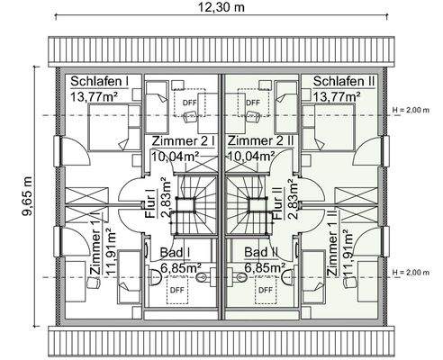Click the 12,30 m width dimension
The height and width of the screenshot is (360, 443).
pos(221,8)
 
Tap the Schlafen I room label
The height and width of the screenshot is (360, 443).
pos(100,81)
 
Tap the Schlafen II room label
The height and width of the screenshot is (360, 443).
pos(343,81)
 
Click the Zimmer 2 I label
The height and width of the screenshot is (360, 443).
pos(184,141)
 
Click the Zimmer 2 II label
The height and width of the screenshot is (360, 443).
pos(260,141)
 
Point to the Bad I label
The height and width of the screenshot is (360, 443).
pos(176,254)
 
